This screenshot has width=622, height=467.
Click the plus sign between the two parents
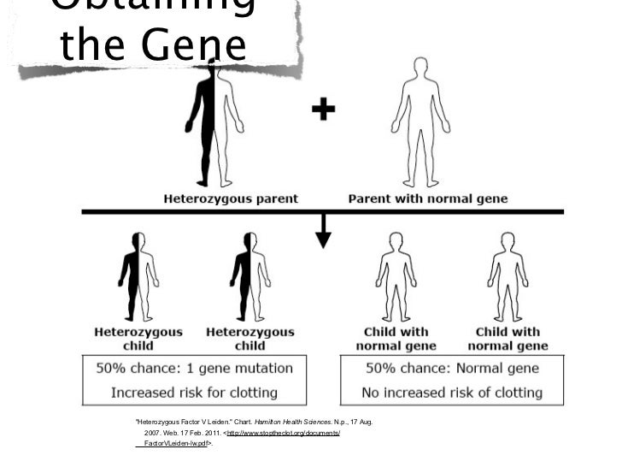(323, 109)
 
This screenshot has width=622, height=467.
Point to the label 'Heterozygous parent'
(231, 198)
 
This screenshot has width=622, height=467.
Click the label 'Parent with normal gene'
(427, 198)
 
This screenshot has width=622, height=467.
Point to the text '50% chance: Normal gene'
(453, 369)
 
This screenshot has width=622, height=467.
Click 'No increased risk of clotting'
(453, 393)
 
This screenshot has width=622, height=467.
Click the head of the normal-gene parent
(420, 68)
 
